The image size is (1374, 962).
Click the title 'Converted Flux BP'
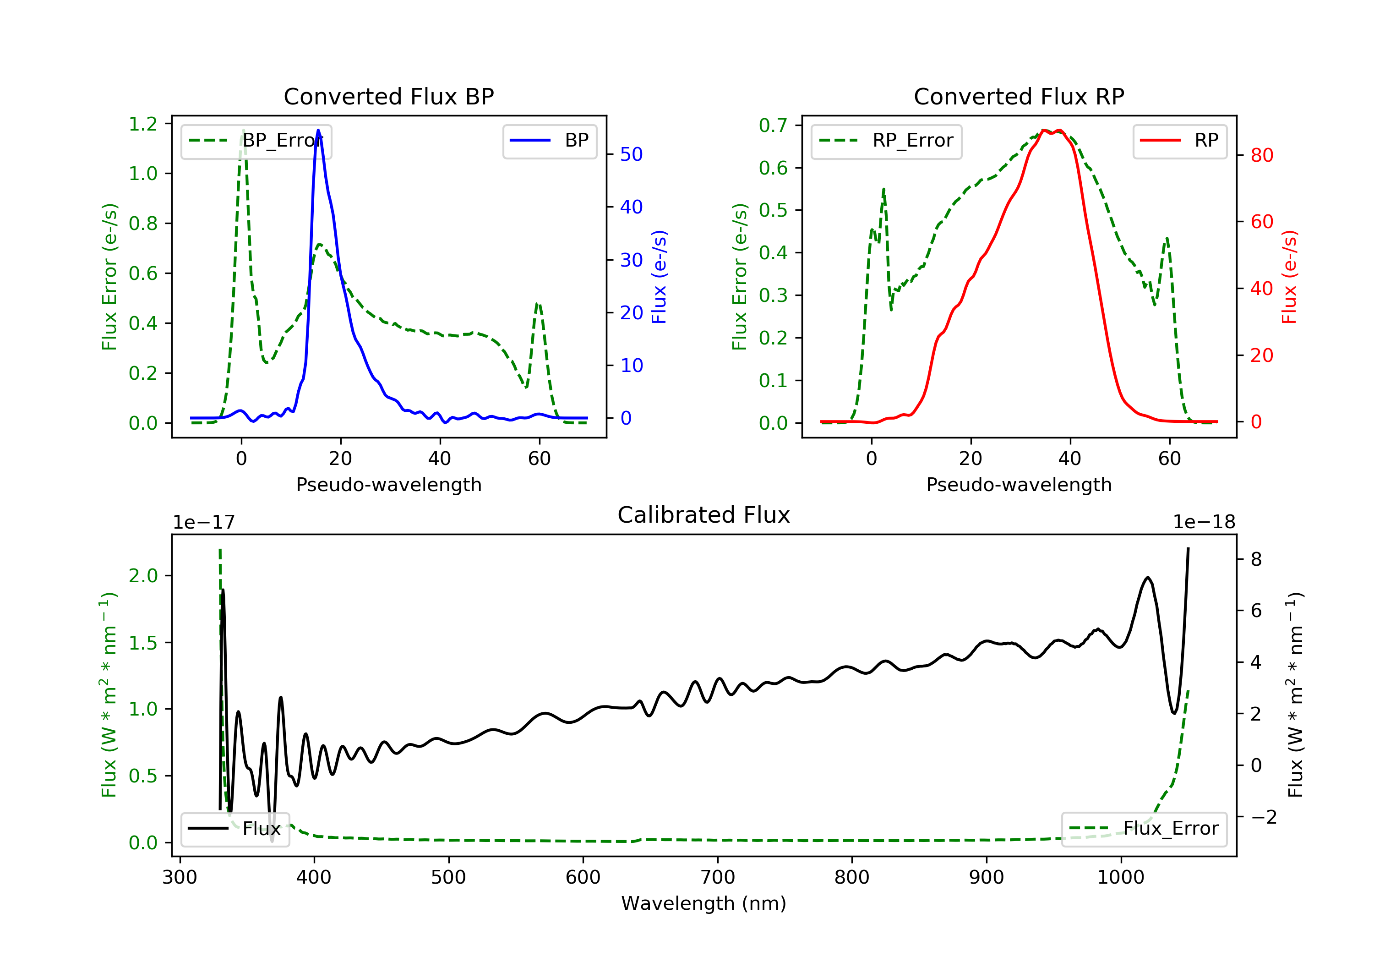click(x=388, y=96)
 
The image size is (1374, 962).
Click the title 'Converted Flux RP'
click(x=1019, y=96)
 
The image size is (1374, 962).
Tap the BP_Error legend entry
click(x=256, y=141)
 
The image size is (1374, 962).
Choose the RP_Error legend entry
click(x=886, y=141)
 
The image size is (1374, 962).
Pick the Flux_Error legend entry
click(x=1144, y=829)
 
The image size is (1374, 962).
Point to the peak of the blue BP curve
click(x=318, y=130)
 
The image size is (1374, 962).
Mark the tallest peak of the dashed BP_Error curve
click(x=243, y=130)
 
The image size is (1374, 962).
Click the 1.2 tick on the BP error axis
click(x=143, y=124)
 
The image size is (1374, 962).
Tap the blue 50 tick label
click(x=631, y=154)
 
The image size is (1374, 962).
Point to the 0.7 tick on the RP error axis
click(x=773, y=126)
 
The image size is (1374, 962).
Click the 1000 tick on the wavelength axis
click(x=1120, y=878)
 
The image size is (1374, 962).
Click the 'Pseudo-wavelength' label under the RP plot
click(x=1019, y=484)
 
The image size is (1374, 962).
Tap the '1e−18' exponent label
click(x=1204, y=522)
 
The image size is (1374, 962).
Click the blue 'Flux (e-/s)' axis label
click(x=659, y=277)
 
